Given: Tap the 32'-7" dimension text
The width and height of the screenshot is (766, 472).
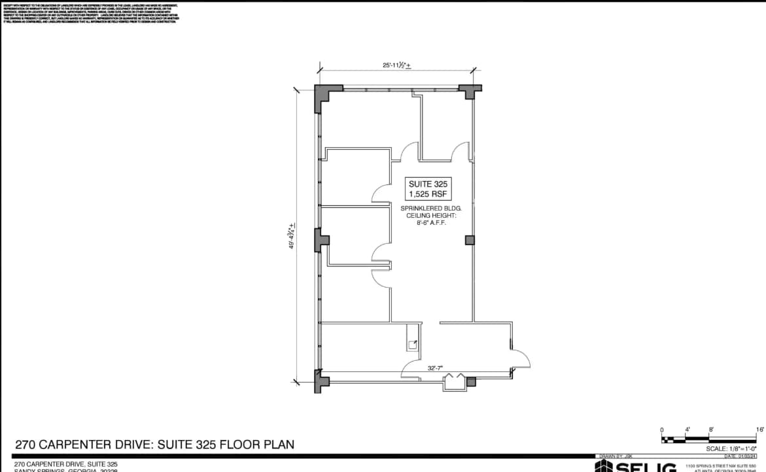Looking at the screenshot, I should tap(436, 368).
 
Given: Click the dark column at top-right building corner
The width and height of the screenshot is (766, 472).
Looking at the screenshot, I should tap(470, 91).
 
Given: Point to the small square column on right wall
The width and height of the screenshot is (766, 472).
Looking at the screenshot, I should tap(469, 240).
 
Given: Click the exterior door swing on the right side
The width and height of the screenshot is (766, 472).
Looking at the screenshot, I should tap(520, 358).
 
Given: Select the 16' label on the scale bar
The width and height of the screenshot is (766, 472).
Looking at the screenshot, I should tap(759, 430).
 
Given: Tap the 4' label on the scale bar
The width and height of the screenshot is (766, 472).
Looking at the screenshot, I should tap(688, 430).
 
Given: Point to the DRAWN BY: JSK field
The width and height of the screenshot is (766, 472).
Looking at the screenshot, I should tap(615, 456).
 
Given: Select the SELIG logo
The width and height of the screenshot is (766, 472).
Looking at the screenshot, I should tap(635, 467).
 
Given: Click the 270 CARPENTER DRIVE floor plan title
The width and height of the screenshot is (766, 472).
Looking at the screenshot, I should tap(154, 445).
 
